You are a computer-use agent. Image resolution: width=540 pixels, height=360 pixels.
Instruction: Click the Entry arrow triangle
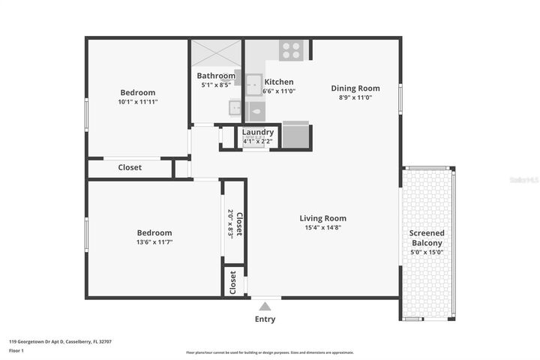[x=264, y=305]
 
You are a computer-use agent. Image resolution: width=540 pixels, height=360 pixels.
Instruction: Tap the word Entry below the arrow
[x=265, y=319]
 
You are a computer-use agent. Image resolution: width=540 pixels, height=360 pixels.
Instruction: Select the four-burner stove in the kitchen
[x=291, y=50]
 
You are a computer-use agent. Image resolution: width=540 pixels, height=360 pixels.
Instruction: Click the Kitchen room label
[x=279, y=82]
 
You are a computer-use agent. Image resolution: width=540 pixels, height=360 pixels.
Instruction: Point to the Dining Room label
[x=355, y=88]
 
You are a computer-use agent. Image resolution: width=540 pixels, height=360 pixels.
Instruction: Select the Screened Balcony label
[x=426, y=238]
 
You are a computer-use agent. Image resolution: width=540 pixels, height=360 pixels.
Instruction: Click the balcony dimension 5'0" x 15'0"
[x=426, y=252]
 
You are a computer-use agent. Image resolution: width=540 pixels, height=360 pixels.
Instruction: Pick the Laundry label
[x=257, y=132]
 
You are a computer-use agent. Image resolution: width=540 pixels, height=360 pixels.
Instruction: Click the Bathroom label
[x=216, y=76]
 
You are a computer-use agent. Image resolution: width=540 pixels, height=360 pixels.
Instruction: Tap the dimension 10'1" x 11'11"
[x=137, y=101]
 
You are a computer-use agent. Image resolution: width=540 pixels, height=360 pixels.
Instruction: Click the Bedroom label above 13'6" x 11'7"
[x=154, y=232]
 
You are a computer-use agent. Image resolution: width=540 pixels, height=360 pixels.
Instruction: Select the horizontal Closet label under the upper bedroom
[x=130, y=167]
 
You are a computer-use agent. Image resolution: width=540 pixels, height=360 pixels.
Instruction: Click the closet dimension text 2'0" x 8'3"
[x=230, y=223]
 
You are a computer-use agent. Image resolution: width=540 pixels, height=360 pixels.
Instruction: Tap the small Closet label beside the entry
[x=233, y=282]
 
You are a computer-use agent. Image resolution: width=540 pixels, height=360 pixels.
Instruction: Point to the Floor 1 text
[x=16, y=350]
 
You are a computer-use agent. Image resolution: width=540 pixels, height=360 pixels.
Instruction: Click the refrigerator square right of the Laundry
[x=296, y=136]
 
